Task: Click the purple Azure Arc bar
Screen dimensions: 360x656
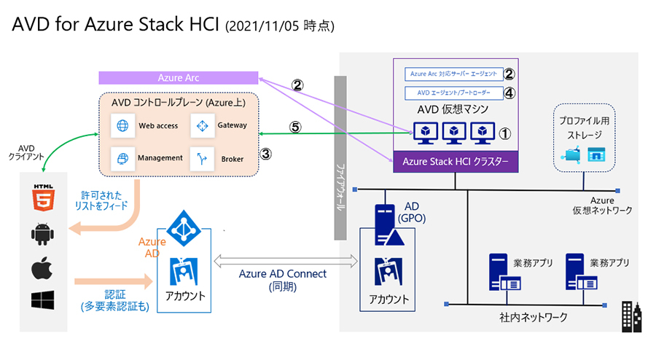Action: pos(179,77)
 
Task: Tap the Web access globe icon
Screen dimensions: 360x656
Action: pos(121,125)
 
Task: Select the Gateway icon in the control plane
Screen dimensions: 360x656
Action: pos(200,125)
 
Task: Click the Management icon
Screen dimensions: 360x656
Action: pos(121,157)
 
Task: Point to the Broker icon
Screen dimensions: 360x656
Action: pos(200,157)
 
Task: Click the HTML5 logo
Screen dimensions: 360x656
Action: pos(41,197)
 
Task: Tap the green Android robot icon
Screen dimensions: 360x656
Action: pos(41,235)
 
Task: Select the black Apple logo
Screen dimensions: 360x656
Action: pos(41,269)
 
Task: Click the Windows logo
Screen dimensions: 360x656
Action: pos(41,300)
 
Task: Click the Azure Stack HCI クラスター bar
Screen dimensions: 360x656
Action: pos(456,161)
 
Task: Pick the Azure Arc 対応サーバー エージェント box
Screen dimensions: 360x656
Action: pos(453,74)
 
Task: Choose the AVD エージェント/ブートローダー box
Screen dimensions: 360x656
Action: pos(453,93)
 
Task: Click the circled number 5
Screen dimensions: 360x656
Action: pos(294,126)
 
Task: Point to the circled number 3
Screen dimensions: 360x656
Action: pos(266,154)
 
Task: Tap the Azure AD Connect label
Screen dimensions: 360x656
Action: pos(284,274)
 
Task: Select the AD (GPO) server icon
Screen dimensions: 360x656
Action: pos(384,222)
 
